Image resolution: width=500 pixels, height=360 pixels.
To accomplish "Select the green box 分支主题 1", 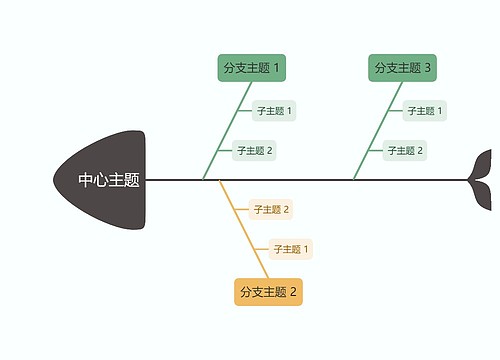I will click(x=251, y=68).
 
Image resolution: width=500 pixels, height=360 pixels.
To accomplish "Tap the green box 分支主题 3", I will click(x=402, y=68).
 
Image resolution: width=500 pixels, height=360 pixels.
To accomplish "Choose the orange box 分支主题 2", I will click(x=268, y=292).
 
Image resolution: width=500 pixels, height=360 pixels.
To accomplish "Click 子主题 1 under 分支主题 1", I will click(x=274, y=111).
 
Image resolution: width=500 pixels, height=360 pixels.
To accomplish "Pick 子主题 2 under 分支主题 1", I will click(x=254, y=151).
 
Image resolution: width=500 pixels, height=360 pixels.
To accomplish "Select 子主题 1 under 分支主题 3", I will click(x=425, y=111).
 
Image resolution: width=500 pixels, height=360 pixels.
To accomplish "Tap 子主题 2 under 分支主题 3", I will click(x=405, y=151).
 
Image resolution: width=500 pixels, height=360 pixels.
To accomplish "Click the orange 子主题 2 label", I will click(x=270, y=209).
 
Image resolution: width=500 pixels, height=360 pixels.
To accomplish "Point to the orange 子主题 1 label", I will click(x=291, y=249).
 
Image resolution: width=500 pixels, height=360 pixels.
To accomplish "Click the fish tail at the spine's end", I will click(x=481, y=179).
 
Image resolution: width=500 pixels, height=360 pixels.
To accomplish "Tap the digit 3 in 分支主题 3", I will click(x=428, y=68).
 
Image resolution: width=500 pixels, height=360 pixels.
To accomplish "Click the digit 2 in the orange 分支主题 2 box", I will click(x=294, y=292).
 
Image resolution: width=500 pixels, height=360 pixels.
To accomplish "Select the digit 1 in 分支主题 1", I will click(x=277, y=68).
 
